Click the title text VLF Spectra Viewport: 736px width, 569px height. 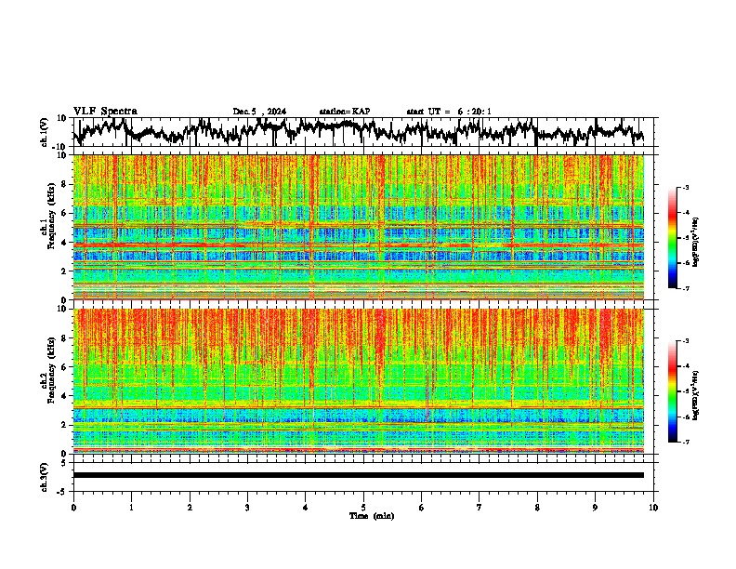pyautogui.click(x=105, y=111)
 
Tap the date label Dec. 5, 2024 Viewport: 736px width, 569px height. pyautogui.click(x=259, y=112)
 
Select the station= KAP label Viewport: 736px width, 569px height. pyautogui.click(x=345, y=112)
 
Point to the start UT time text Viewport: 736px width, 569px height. pyautogui.click(x=449, y=112)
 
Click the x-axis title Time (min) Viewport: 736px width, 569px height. pyautogui.click(x=371, y=516)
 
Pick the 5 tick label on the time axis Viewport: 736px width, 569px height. pyautogui.click(x=363, y=508)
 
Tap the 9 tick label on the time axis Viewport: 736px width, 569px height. pyautogui.click(x=596, y=508)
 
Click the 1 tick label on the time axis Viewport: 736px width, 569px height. pyautogui.click(x=131, y=508)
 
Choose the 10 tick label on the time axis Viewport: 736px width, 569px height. pyautogui.click(x=653, y=508)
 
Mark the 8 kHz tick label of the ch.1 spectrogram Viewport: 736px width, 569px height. pyautogui.click(x=64, y=184)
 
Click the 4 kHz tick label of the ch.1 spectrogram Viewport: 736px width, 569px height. pyautogui.click(x=64, y=243)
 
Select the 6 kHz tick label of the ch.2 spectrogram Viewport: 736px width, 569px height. pyautogui.click(x=64, y=366)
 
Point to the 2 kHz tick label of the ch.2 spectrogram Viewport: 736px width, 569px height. pyautogui.click(x=64, y=425)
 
